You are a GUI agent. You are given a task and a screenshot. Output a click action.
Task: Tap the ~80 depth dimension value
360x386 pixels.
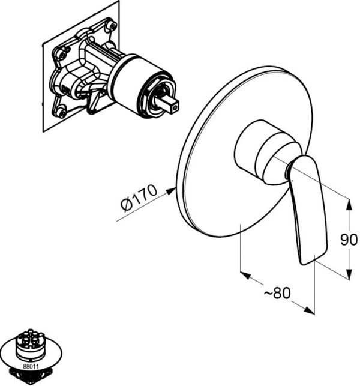pos(277,294)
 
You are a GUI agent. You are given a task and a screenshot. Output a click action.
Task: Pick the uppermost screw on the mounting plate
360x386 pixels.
pos(110,26)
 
